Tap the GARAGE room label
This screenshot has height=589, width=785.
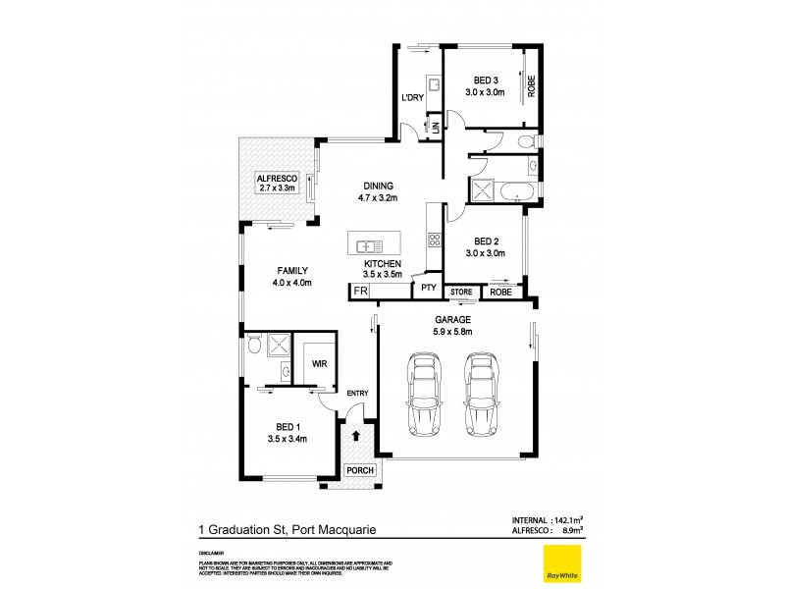coord(453,320)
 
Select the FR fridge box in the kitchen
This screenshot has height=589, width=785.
coord(360,292)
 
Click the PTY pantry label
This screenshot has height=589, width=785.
coord(428,289)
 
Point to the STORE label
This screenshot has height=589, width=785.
coord(461,292)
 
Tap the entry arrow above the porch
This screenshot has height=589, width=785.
coord(356,435)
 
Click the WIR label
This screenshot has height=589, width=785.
coord(319,363)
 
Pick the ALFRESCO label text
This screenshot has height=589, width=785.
coord(277,178)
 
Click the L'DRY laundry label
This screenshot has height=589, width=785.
coord(411,97)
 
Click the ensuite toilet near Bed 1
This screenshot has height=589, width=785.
coord(254,345)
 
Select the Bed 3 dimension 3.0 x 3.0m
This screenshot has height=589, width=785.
coord(485,92)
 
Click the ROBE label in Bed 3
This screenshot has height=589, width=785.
coord(530,85)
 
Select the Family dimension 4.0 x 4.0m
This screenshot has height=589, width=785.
coord(293,283)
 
